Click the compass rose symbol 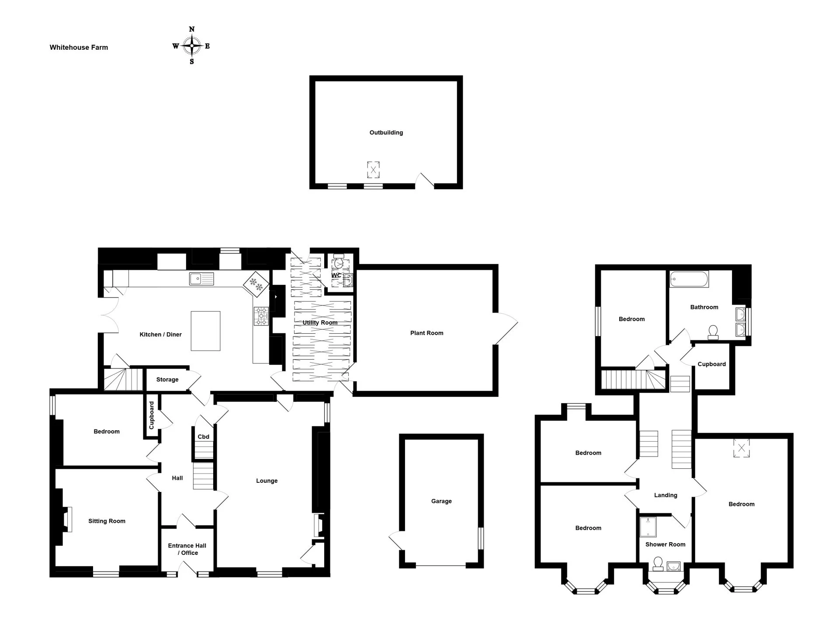(x=191, y=45)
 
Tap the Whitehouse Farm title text (x=79, y=47)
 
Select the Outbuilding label (x=386, y=132)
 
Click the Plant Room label (x=426, y=333)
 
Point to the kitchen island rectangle (x=205, y=331)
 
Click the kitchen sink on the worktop (x=201, y=279)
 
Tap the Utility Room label (x=320, y=322)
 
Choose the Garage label (x=441, y=501)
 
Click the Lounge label (x=267, y=481)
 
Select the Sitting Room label (x=107, y=521)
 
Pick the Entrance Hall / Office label (x=187, y=549)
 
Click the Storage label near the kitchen (x=167, y=380)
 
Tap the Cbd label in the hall (x=204, y=436)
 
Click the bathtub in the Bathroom (x=689, y=279)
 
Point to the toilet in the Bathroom (x=713, y=332)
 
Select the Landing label (x=666, y=495)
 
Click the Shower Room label (x=665, y=544)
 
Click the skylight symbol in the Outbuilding (x=373, y=170)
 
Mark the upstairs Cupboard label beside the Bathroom (x=711, y=364)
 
